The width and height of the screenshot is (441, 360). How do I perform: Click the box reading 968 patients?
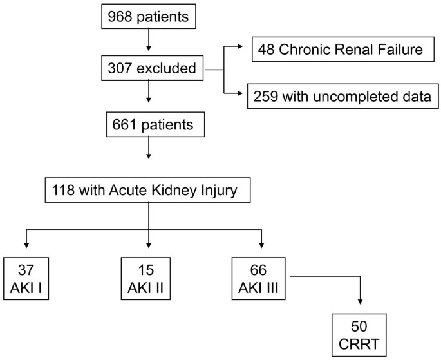[148, 17]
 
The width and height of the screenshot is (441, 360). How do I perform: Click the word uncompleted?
[357, 97]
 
